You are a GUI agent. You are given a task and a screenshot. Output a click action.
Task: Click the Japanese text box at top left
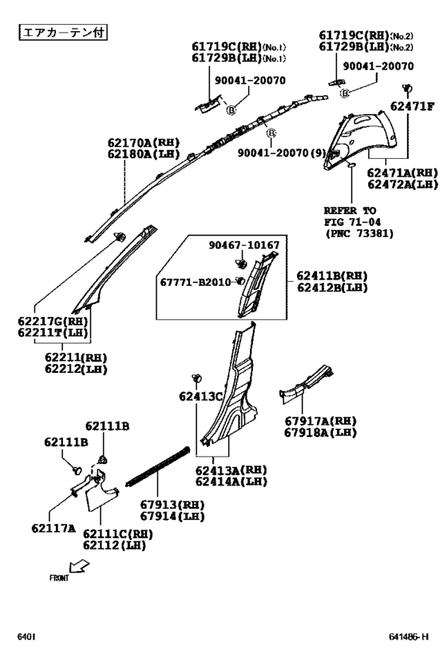coord(63,32)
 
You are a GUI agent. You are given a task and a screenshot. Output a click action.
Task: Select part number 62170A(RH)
coord(144,143)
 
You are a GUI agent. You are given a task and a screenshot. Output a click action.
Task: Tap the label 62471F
coord(412,106)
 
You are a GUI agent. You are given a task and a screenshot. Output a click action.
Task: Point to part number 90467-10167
coord(244,245)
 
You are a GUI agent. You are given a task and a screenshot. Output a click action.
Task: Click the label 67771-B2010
coord(196,283)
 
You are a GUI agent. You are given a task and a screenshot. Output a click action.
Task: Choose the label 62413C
coord(201,396)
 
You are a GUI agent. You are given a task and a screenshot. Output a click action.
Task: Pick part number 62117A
coord(53,529)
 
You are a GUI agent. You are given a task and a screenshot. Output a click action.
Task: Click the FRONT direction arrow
coord(79,566)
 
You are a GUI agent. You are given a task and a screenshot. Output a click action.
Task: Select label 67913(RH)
coord(172,505)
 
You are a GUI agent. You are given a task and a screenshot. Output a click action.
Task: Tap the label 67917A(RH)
coord(321,421)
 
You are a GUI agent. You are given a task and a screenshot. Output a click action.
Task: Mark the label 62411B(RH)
coord(332,275)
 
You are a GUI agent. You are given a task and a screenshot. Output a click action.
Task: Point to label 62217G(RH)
coord(53,321)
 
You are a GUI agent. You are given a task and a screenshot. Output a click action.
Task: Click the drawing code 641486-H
coord(409,637)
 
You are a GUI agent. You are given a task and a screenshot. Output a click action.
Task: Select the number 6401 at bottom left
coord(26,637)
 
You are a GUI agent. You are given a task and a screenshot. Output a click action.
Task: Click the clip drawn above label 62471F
coord(407,88)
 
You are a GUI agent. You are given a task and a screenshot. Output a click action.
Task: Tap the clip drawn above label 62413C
coord(197,378)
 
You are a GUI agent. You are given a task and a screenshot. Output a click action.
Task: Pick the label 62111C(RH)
coord(118,534)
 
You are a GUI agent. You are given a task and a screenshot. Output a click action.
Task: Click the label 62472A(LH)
coord(403,184)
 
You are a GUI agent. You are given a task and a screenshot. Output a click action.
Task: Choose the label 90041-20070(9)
coord(282,153)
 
